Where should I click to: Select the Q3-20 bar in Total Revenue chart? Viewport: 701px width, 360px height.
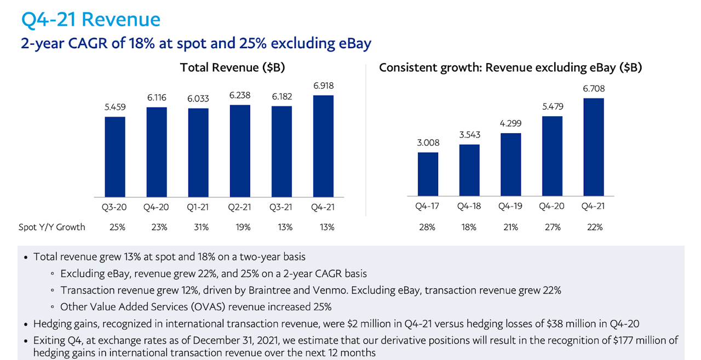(x=115, y=157)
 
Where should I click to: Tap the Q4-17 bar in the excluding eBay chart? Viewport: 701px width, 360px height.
(x=428, y=174)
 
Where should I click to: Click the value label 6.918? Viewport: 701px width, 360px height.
(x=323, y=86)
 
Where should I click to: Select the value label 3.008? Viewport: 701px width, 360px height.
(x=428, y=143)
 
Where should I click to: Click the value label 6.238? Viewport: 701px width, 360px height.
(x=240, y=95)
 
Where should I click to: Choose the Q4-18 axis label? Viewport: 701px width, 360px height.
(x=469, y=207)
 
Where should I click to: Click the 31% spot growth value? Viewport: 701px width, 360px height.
(x=198, y=227)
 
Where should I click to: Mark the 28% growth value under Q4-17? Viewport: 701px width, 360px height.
(x=428, y=227)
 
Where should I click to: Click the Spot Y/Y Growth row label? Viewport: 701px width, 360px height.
(x=52, y=227)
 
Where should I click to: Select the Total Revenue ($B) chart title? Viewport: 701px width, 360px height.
(x=232, y=68)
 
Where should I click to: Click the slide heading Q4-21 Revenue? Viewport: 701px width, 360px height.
(x=91, y=20)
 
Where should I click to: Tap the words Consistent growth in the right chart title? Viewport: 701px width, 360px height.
(x=422, y=68)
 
